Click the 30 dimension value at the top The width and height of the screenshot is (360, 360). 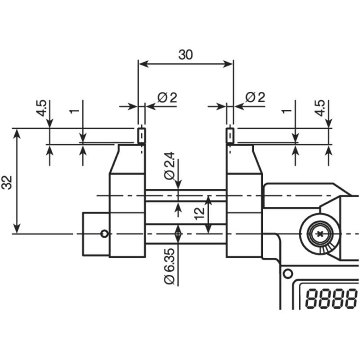185,55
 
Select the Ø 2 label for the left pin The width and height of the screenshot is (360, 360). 167,97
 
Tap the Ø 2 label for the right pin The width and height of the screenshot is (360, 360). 255,97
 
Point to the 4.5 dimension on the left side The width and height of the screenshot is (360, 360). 41,108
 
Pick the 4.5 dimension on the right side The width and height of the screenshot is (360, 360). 320,108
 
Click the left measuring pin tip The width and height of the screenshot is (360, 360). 141,135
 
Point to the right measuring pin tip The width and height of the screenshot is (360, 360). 230,135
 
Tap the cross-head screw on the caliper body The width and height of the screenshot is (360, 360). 320,234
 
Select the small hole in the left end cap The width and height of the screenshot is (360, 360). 104,234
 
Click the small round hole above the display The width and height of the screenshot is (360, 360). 286,273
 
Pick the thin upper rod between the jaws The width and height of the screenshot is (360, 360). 185,195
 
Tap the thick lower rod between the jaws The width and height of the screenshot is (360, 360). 185,234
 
